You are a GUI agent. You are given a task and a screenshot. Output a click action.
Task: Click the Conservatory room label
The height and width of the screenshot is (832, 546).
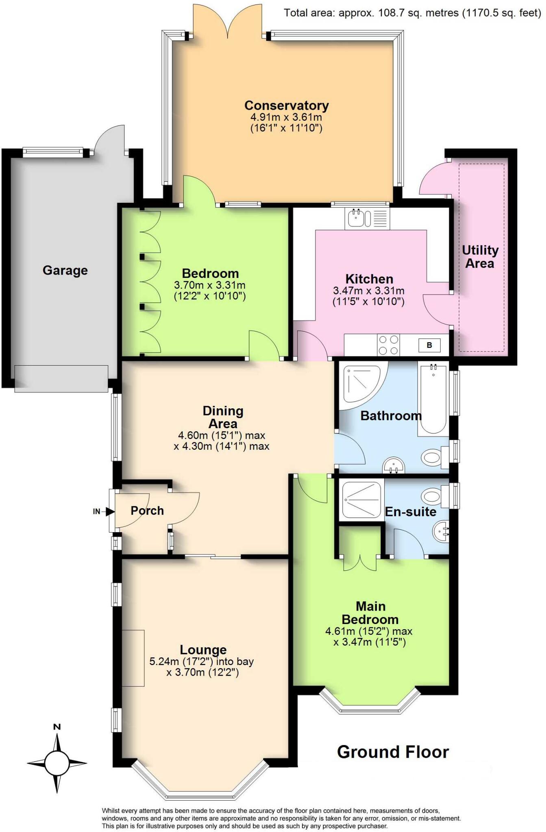point(286,106)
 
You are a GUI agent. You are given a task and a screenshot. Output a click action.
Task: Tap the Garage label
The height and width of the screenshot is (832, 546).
point(65,270)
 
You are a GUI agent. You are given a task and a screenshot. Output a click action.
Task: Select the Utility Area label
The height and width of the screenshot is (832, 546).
point(480,257)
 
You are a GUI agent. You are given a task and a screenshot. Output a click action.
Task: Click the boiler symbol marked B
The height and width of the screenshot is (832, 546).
point(429,345)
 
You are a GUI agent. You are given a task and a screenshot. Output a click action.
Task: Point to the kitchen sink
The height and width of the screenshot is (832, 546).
point(357,218)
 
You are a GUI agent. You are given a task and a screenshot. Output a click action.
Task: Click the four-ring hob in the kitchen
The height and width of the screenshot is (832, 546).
point(388,345)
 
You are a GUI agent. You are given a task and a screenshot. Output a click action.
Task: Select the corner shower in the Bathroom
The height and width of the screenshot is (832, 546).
point(360,384)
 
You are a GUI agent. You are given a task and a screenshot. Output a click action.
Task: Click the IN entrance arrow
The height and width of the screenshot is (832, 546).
point(109,511)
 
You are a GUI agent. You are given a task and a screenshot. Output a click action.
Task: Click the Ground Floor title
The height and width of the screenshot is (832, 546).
point(393,752)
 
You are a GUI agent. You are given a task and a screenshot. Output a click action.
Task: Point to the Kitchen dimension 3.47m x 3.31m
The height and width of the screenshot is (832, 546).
point(369,290)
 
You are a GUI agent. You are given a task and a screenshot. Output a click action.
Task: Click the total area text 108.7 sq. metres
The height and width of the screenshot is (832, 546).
point(412,13)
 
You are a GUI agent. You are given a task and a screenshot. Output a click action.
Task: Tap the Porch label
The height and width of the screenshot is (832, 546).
point(147,511)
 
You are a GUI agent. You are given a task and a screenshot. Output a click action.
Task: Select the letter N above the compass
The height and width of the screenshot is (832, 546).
point(57,727)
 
